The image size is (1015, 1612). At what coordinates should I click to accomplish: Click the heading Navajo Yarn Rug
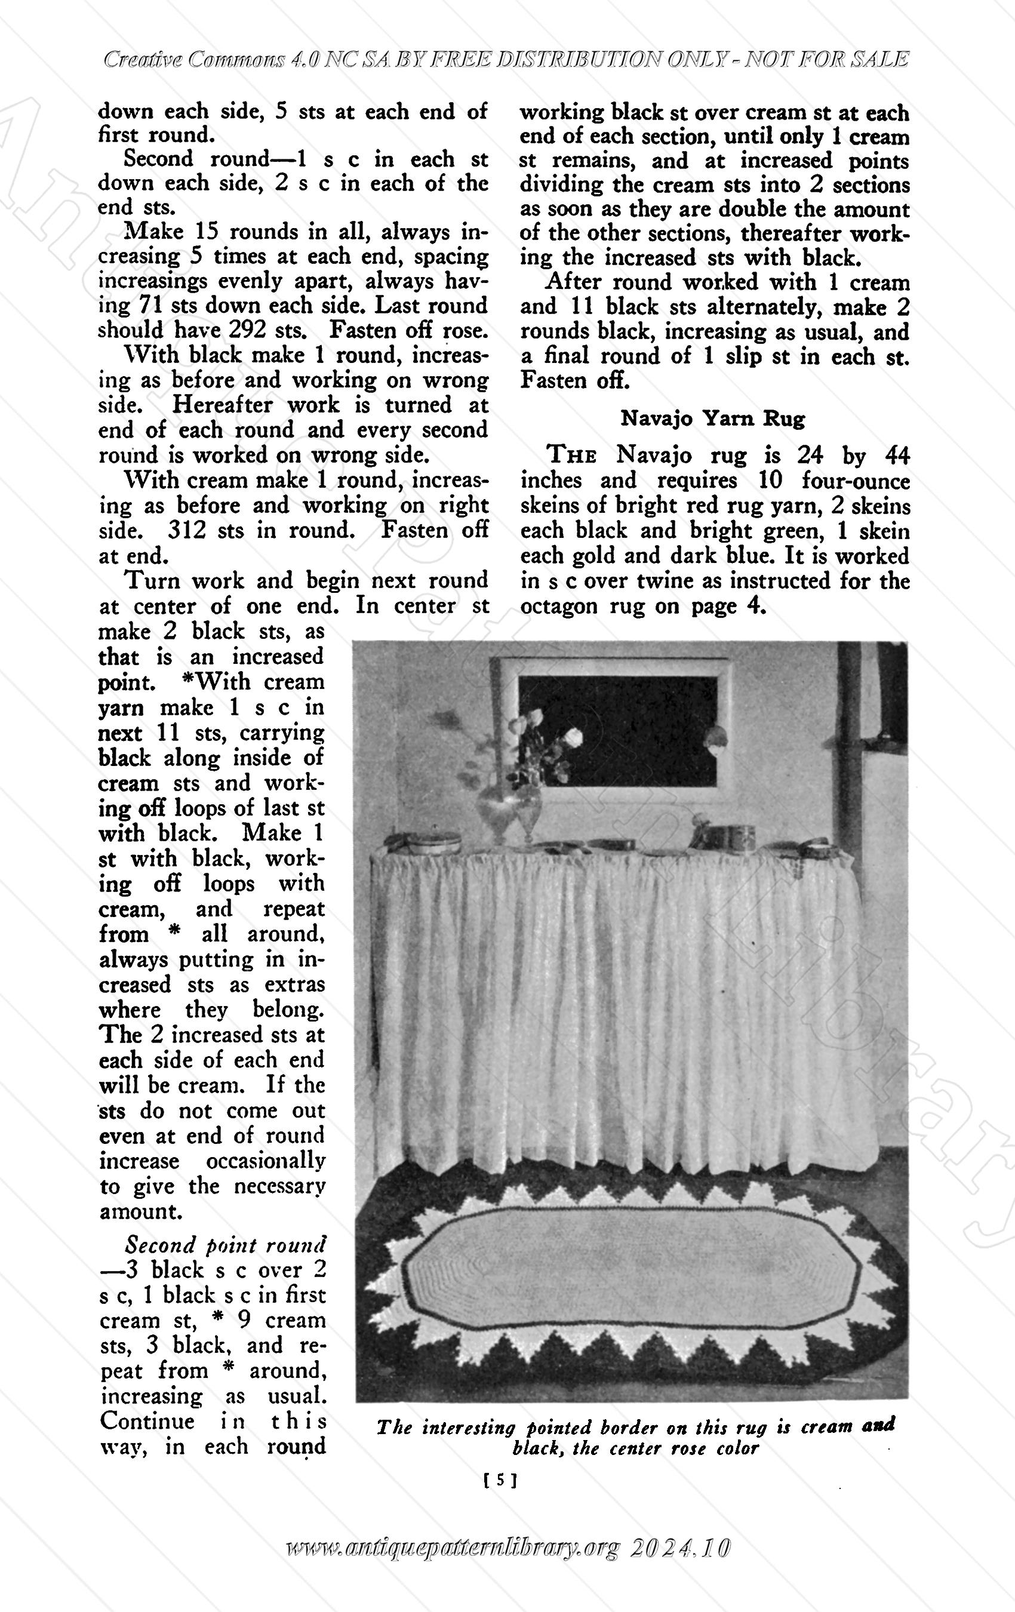click(712, 419)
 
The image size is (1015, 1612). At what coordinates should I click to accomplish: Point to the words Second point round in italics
click(226, 1245)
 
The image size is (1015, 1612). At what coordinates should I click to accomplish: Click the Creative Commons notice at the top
click(506, 60)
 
